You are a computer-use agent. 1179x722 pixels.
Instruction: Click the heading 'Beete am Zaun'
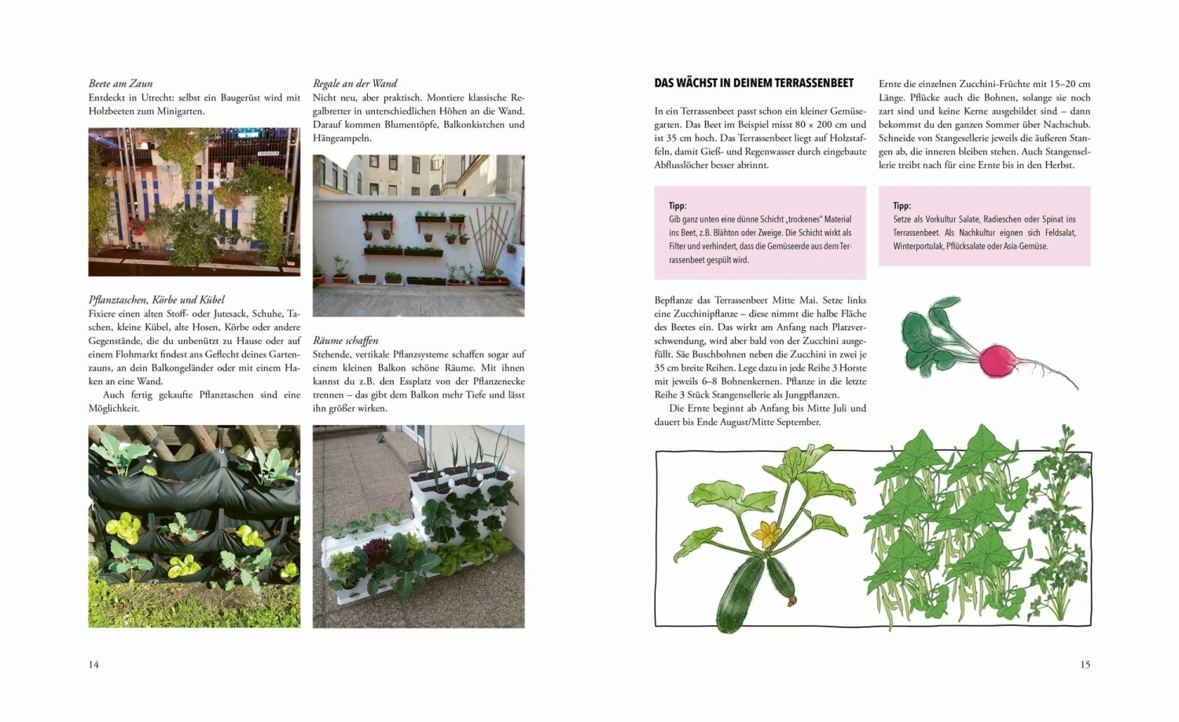[x=120, y=83]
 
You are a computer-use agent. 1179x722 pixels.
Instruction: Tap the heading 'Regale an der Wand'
[x=354, y=83]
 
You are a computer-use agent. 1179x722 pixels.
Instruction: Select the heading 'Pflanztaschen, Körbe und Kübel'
[x=156, y=299]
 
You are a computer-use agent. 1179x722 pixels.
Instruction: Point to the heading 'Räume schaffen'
[x=345, y=340]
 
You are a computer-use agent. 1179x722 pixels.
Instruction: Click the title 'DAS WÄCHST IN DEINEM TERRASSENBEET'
[x=753, y=83]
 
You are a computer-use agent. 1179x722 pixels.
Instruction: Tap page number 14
[x=94, y=665]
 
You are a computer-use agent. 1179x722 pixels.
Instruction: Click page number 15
[x=1085, y=665]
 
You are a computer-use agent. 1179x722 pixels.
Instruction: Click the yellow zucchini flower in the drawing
[x=766, y=534]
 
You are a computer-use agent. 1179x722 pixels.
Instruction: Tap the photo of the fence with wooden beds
[x=194, y=202]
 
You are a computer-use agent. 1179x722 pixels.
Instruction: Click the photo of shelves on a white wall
[x=418, y=236]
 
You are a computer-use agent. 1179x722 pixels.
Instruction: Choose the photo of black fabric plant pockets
[x=194, y=526]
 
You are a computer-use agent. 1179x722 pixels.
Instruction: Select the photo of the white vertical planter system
[x=418, y=526]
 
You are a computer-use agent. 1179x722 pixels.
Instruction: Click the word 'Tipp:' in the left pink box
[x=678, y=206]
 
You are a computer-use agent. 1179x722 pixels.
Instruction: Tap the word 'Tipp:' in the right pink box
[x=902, y=206]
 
